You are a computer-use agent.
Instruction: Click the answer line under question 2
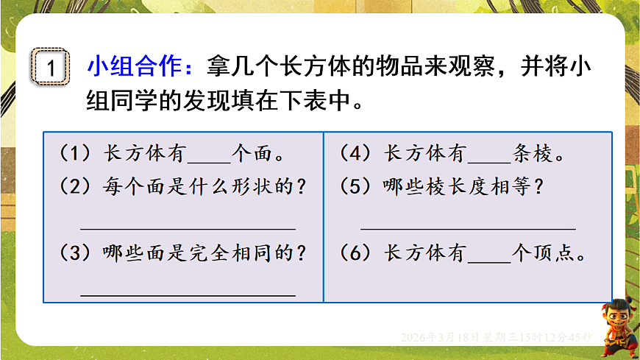[x=188, y=227]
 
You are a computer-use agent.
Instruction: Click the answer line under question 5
[x=468, y=227]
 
